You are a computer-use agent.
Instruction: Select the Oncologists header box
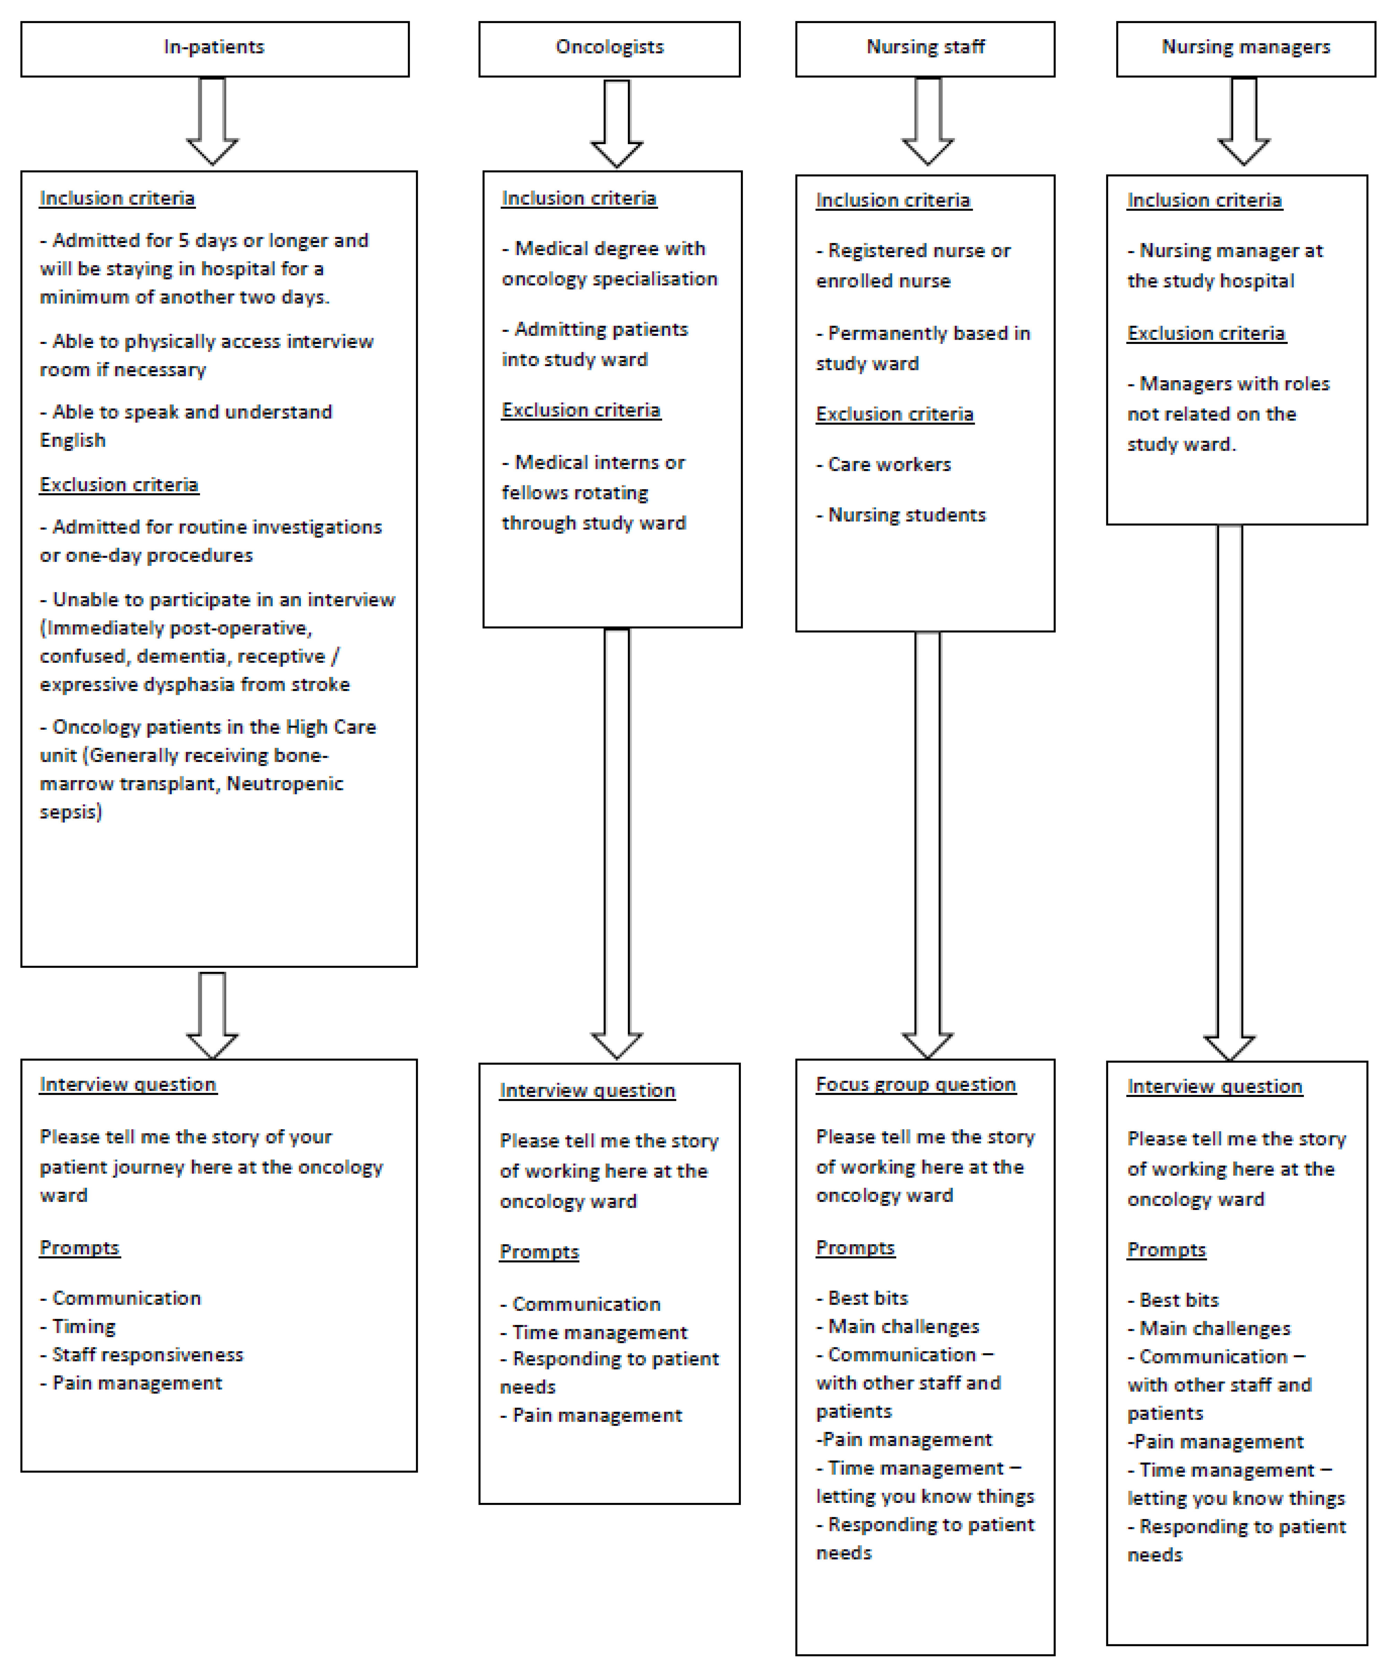point(609,48)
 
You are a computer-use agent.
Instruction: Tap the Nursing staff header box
point(925,48)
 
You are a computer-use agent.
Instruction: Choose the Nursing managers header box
point(1245,48)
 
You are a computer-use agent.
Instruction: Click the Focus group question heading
point(915,1085)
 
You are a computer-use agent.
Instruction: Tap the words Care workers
point(889,465)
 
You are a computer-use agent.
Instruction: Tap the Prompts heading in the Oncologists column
point(539,1252)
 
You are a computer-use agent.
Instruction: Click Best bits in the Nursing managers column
point(1178,1300)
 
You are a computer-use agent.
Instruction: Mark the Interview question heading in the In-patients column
point(128,1085)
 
